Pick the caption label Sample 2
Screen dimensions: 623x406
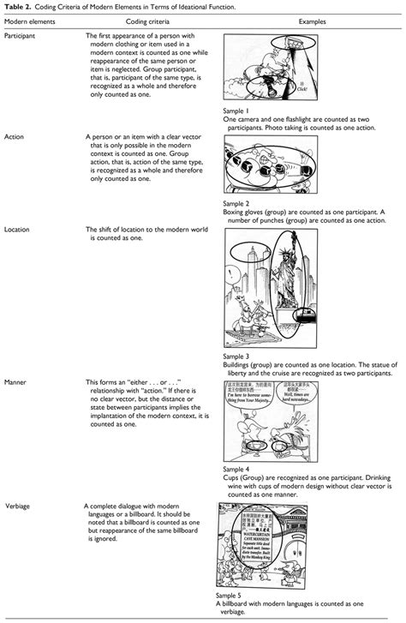pos(236,204)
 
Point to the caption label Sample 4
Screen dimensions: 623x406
pos(236,470)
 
